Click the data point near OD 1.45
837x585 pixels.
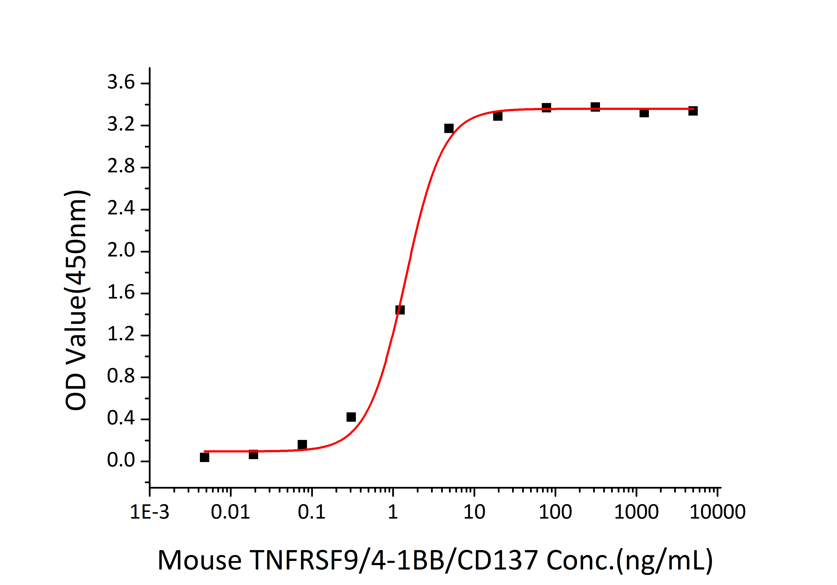pos(400,310)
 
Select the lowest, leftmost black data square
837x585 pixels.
pos(205,457)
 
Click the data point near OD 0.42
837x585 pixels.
pos(351,417)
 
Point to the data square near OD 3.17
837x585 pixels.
pos(449,128)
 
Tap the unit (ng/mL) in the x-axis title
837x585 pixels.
pos(664,561)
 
